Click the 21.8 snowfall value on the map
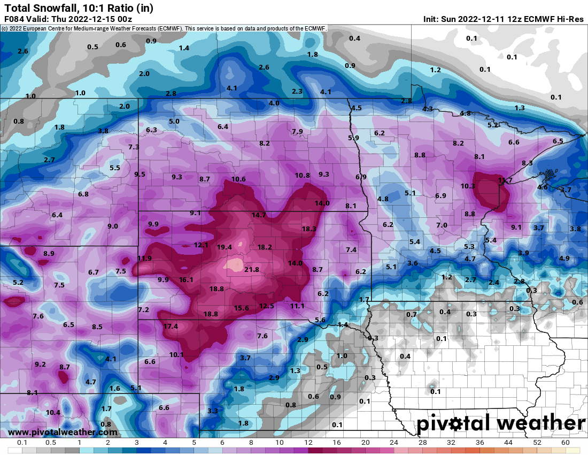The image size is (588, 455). (x=251, y=270)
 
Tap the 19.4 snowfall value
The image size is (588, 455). (x=225, y=247)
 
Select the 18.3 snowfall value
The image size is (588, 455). (x=309, y=229)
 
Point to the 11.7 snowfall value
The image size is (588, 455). (x=505, y=181)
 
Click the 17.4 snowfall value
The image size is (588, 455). (x=171, y=327)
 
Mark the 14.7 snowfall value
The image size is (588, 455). (x=259, y=215)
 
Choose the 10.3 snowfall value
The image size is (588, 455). (x=468, y=186)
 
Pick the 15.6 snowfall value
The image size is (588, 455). (x=242, y=308)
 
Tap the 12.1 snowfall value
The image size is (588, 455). (x=201, y=245)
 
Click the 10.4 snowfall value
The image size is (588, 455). (x=53, y=413)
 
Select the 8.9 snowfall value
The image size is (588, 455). (x=49, y=254)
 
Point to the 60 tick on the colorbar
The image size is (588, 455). (x=566, y=443)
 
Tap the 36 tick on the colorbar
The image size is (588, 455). (x=479, y=443)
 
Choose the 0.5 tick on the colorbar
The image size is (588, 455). (x=51, y=443)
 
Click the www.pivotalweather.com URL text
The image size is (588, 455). (x=63, y=432)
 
